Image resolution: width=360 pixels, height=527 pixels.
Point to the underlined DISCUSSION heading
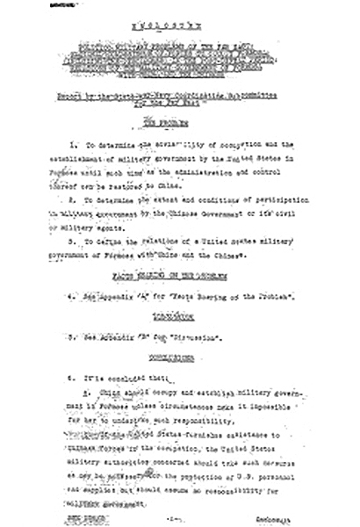(179, 313)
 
